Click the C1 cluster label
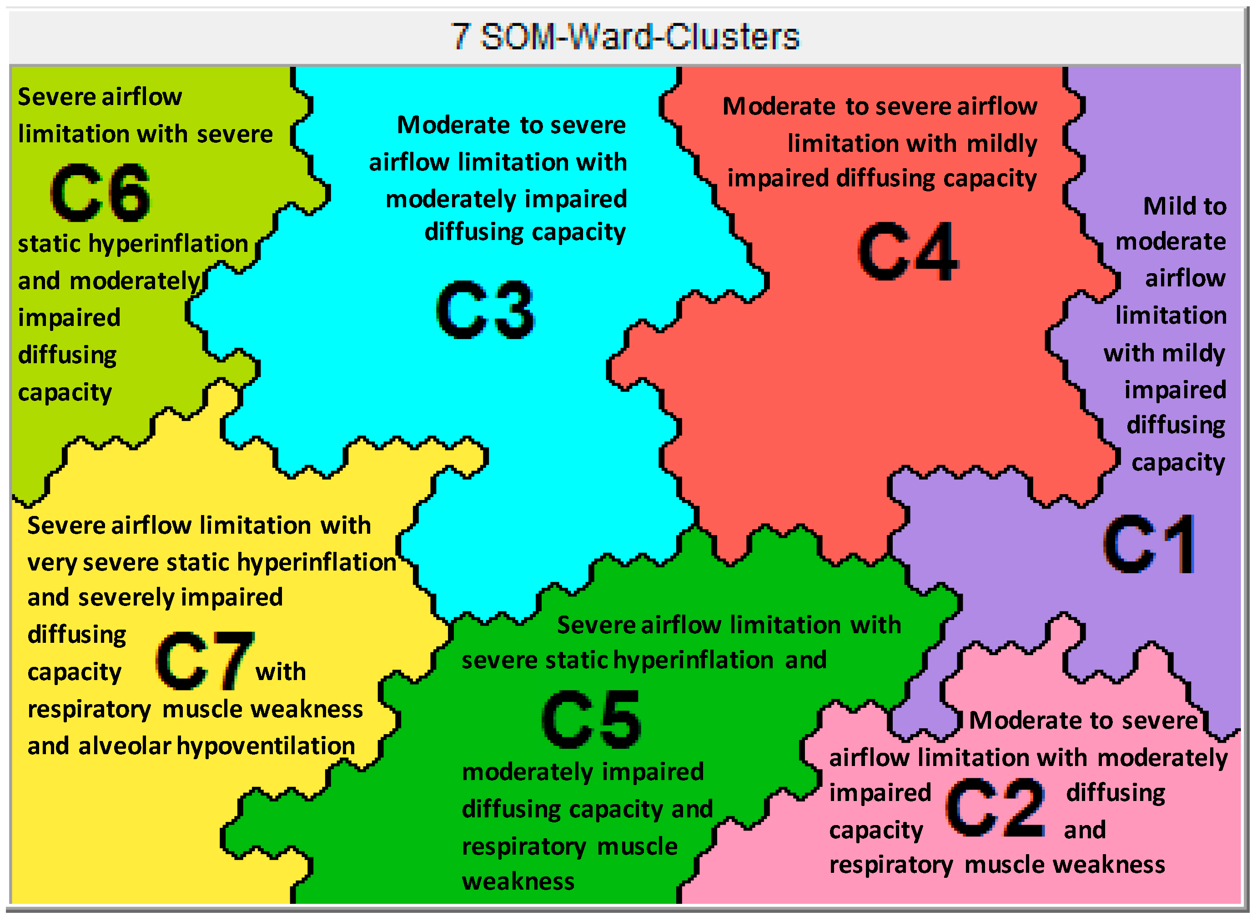[x=1149, y=545]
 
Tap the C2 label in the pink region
[x=996, y=808]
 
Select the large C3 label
[x=485, y=310]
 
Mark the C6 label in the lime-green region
[x=101, y=192]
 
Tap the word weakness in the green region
[x=518, y=881]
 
